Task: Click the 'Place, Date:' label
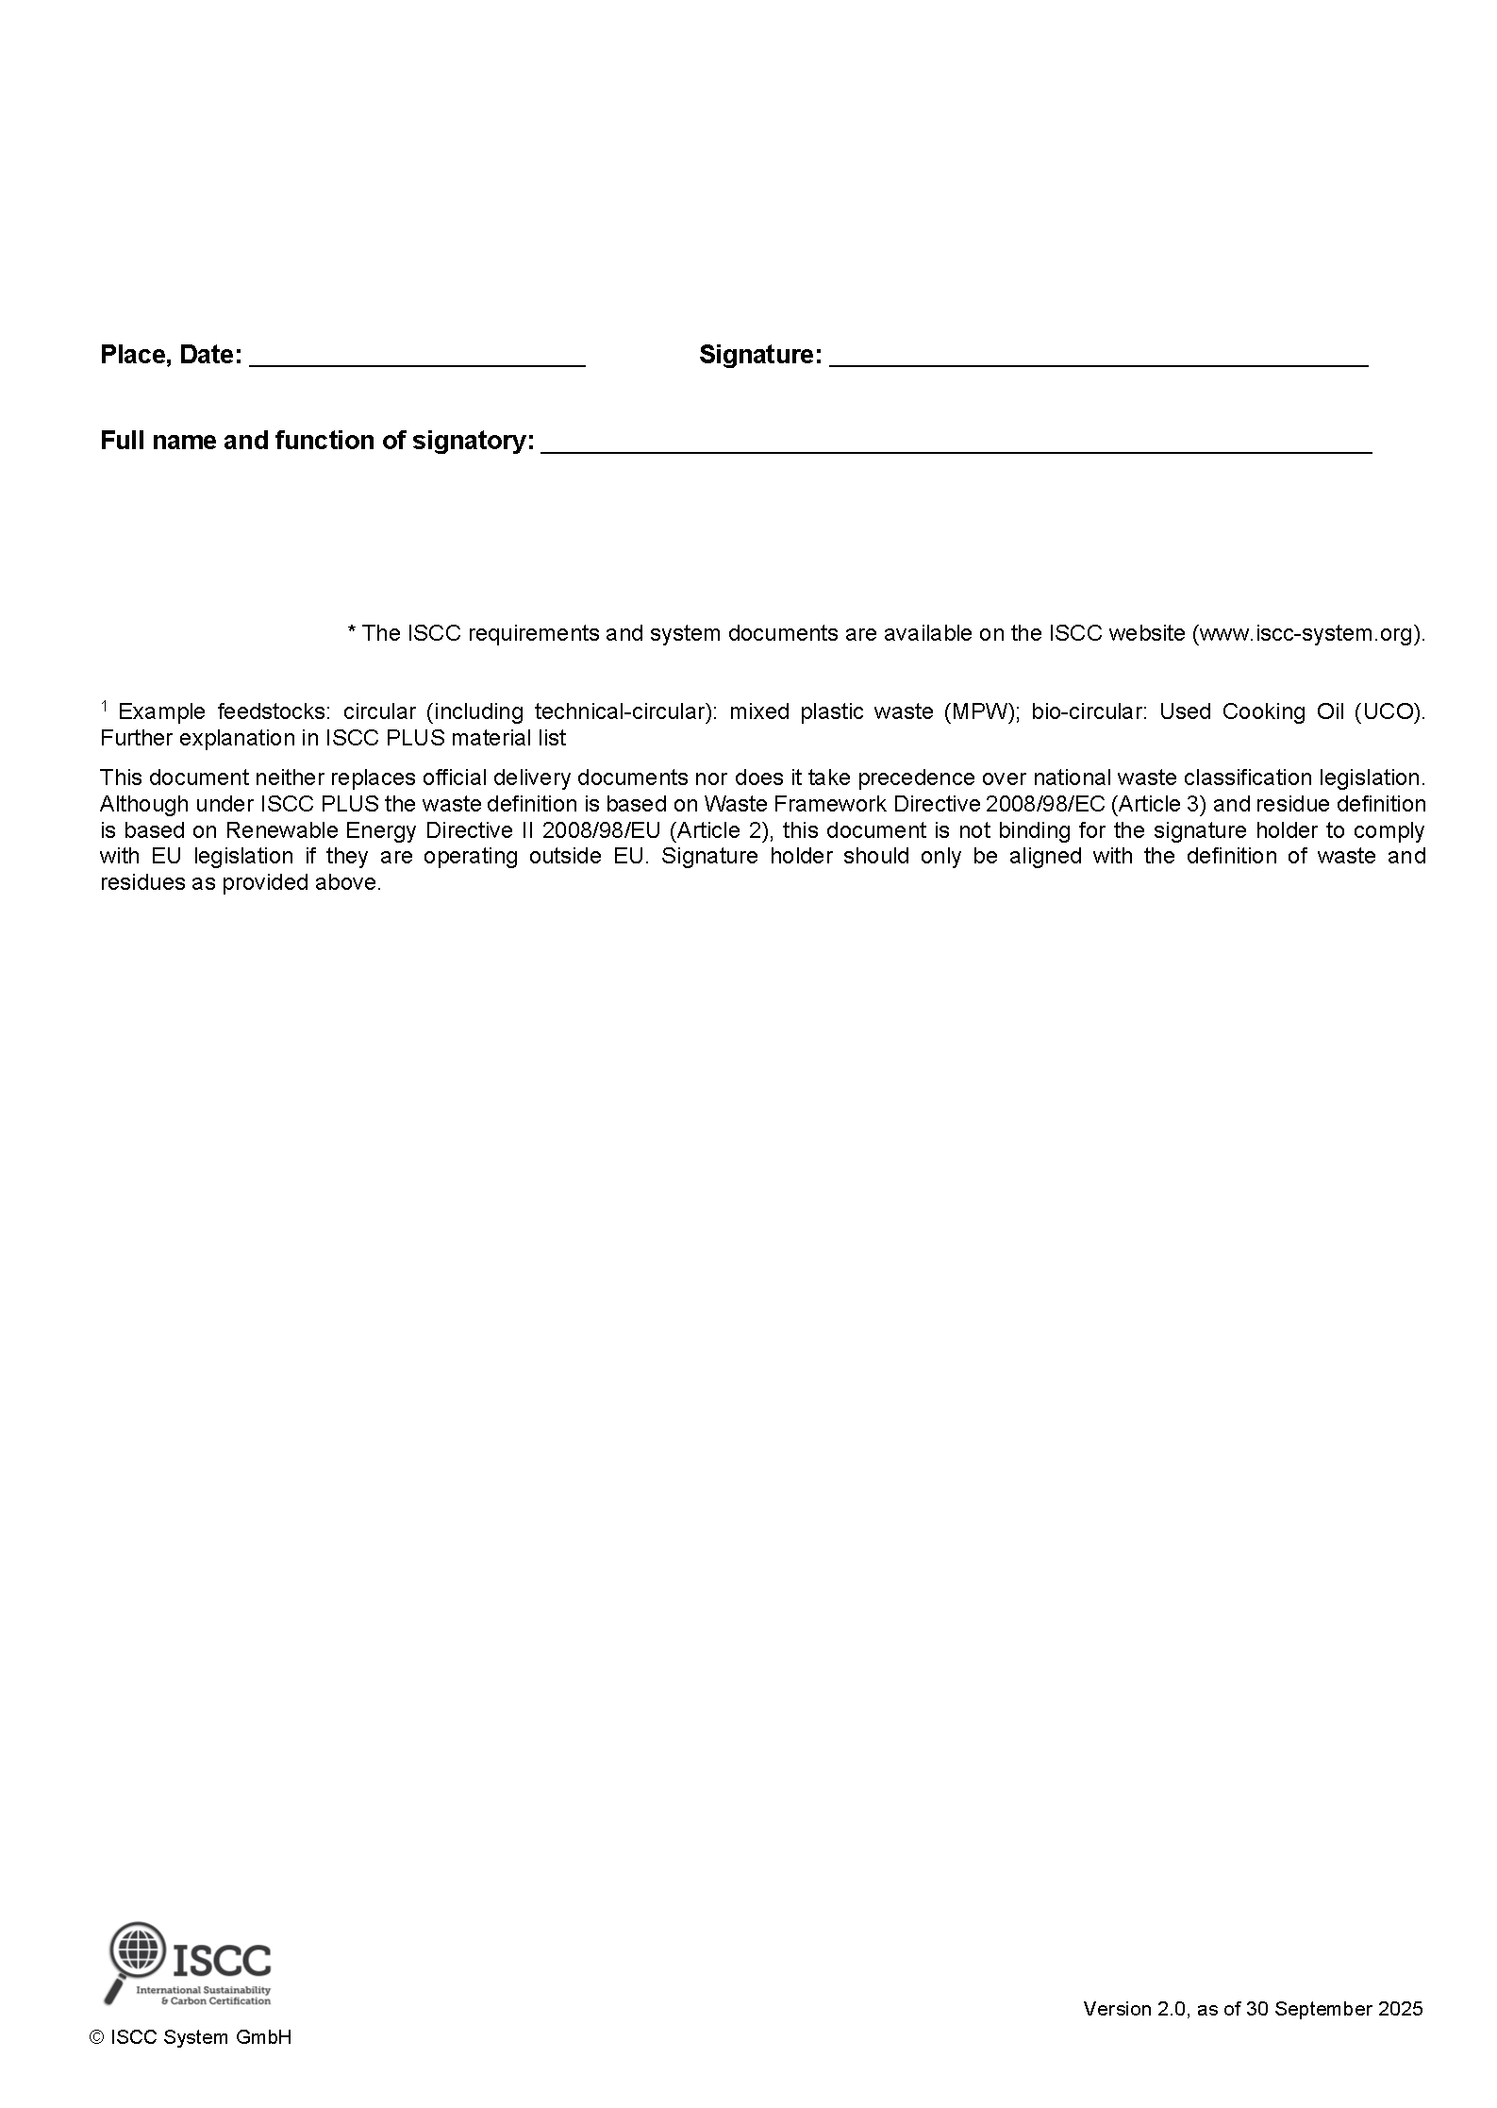[x=171, y=355]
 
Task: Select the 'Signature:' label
[x=759, y=355]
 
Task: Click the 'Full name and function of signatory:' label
[x=317, y=441]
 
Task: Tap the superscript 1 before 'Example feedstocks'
[x=104, y=706]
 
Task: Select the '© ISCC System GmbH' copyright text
[x=191, y=2037]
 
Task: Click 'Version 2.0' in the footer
[x=1136, y=2009]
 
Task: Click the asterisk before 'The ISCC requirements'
[x=352, y=631]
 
